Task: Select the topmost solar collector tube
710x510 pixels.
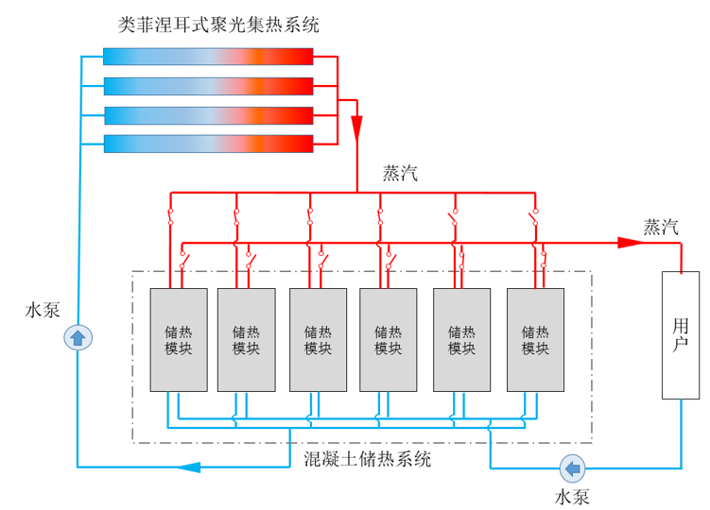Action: pyautogui.click(x=207, y=58)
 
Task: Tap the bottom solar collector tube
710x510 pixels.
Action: pyautogui.click(x=207, y=144)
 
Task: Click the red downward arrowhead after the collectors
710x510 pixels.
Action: pyautogui.click(x=356, y=127)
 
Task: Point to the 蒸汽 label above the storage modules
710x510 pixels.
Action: pyautogui.click(x=400, y=173)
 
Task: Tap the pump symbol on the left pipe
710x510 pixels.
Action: pyautogui.click(x=78, y=337)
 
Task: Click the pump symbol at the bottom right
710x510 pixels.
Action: pyautogui.click(x=572, y=467)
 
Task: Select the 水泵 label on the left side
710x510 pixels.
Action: pyautogui.click(x=43, y=309)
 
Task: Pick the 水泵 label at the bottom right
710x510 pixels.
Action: pyautogui.click(x=572, y=495)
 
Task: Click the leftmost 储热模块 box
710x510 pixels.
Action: pyautogui.click(x=179, y=339)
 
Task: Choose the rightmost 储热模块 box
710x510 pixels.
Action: pyautogui.click(x=535, y=339)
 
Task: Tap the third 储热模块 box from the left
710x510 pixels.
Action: pyautogui.click(x=318, y=339)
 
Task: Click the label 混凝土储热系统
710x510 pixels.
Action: pyautogui.click(x=367, y=460)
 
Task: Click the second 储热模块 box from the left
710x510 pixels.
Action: pyautogui.click(x=246, y=339)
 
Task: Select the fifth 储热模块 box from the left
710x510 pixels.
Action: pyautogui.click(x=461, y=339)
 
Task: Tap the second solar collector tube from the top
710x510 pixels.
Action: pyautogui.click(x=207, y=86)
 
